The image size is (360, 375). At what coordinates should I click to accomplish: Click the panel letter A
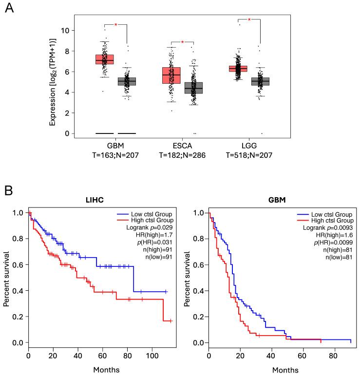8,9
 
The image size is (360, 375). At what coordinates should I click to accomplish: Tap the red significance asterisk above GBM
116,24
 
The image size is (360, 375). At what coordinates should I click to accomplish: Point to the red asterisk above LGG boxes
249,20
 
